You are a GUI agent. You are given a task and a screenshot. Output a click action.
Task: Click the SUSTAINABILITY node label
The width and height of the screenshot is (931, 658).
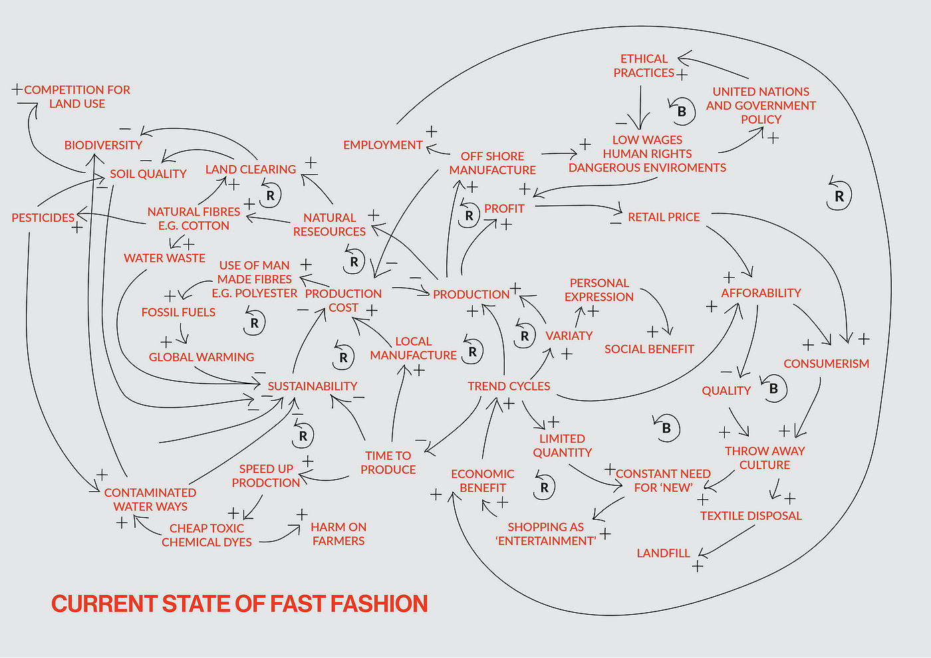coord(312,386)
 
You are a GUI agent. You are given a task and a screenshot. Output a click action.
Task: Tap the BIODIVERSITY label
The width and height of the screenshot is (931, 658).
coord(103,145)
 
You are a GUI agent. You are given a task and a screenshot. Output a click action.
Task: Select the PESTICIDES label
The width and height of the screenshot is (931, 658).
coord(43,218)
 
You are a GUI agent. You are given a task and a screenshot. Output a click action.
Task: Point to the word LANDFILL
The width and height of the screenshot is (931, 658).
coord(663,554)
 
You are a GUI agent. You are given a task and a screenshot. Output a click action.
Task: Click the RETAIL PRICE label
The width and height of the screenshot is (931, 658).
coord(664,217)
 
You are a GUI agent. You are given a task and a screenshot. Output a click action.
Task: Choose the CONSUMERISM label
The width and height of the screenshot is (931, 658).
coord(826,364)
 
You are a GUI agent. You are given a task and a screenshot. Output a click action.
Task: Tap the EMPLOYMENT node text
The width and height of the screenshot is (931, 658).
coord(383,145)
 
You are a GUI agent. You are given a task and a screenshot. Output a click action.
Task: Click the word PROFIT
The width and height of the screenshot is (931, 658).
coord(504,209)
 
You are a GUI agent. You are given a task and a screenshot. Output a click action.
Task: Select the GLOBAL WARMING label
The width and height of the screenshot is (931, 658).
coord(201,358)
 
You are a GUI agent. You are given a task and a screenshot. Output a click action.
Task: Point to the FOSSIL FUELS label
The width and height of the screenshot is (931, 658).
coord(178,312)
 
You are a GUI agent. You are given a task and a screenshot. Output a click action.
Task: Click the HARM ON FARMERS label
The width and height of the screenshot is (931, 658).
coord(338,534)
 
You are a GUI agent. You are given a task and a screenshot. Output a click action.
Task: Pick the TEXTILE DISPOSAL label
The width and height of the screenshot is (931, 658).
coord(751,516)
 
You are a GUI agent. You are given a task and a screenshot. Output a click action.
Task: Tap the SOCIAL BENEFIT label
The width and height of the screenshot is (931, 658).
coord(649,350)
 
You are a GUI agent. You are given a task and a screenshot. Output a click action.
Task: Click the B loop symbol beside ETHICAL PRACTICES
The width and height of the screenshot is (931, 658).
coord(681,112)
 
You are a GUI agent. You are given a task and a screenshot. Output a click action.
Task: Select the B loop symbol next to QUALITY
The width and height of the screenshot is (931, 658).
coord(773,389)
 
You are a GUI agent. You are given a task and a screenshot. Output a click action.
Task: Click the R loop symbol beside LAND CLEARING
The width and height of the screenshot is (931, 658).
coord(270,195)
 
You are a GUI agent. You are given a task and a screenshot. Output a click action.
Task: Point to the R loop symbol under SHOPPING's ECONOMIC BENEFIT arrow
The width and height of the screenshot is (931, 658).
coord(545,487)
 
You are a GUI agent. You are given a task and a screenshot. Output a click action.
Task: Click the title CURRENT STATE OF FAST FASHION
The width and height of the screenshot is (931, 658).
coord(239,603)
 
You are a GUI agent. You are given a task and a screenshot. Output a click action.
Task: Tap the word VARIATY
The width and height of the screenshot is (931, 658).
coord(569,336)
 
